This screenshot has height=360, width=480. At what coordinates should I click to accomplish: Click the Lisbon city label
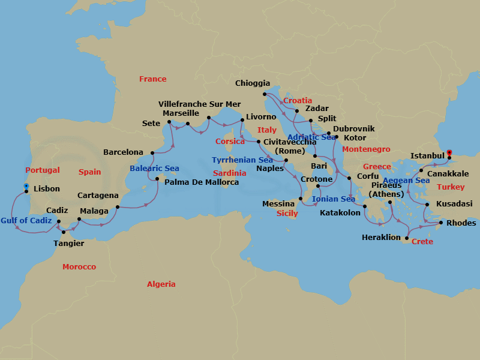(47, 188)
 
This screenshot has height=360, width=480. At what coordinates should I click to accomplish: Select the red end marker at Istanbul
(449, 152)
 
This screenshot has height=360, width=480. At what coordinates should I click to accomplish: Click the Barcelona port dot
(152, 153)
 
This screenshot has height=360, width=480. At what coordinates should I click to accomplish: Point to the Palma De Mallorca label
(202, 182)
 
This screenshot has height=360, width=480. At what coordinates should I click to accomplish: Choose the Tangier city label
(69, 243)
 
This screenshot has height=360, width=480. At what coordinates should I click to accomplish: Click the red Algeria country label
(161, 284)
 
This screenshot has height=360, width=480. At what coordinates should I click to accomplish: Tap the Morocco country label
(79, 266)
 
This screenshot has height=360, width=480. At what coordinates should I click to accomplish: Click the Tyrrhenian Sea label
(242, 160)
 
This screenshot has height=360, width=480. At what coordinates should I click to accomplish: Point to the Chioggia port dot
(265, 94)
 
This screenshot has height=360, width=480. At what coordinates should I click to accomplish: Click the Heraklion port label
(381, 238)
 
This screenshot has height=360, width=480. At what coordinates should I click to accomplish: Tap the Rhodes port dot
(442, 223)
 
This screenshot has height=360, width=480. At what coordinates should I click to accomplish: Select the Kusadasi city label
(454, 204)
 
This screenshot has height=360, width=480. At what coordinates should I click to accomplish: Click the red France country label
(153, 79)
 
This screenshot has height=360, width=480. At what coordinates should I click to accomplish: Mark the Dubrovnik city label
(354, 129)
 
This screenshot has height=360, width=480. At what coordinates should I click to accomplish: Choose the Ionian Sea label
(334, 199)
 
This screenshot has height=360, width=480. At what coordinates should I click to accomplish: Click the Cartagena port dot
(118, 207)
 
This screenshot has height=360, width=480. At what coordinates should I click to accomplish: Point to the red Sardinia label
(229, 173)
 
